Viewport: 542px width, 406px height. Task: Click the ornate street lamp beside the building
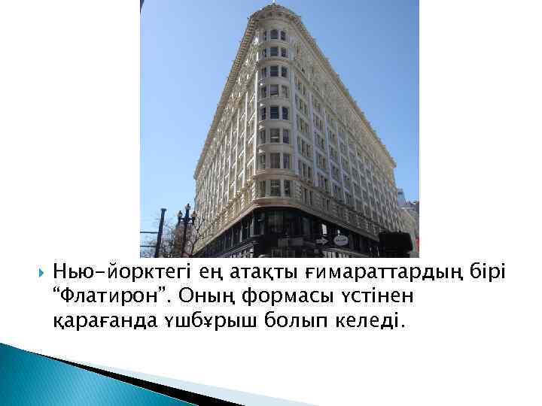(x=185, y=222)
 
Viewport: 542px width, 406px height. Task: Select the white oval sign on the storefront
(x=341, y=240)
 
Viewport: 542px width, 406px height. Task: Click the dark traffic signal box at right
(x=394, y=242)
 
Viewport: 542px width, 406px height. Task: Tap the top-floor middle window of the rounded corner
(x=273, y=35)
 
